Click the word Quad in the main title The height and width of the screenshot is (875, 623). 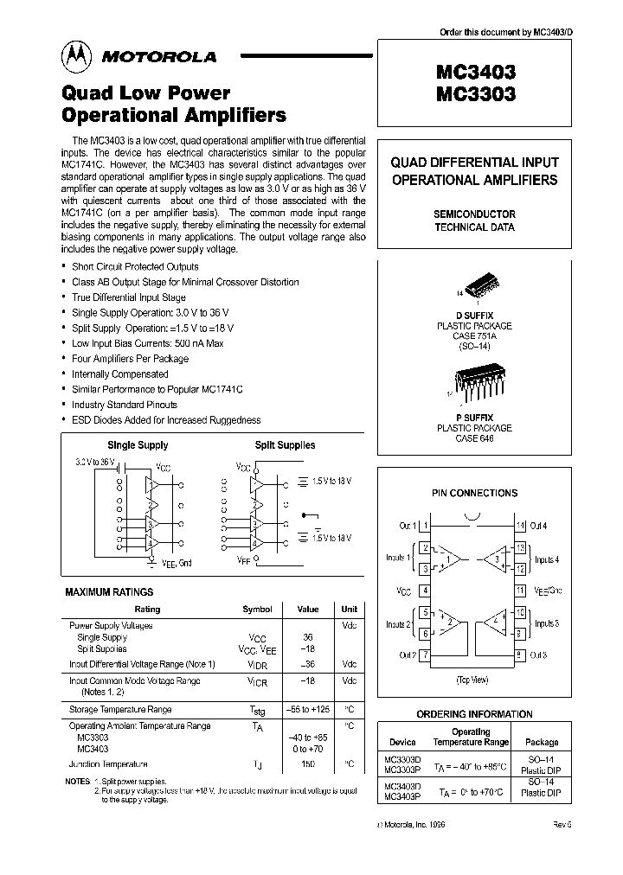pos(87,93)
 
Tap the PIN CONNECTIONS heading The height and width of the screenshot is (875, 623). pos(474,493)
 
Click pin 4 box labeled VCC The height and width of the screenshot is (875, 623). pos(425,591)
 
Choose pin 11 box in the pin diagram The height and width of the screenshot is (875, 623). pos(520,591)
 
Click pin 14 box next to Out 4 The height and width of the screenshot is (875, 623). pos(520,526)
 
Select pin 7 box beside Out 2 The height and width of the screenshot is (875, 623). pos(425,655)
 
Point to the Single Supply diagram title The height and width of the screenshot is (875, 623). pos(138,445)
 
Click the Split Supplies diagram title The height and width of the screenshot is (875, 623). pos(285,445)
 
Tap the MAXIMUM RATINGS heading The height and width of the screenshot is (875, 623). pos(109,592)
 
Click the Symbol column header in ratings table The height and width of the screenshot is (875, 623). pos(257,609)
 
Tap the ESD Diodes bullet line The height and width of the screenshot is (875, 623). pos(166,420)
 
